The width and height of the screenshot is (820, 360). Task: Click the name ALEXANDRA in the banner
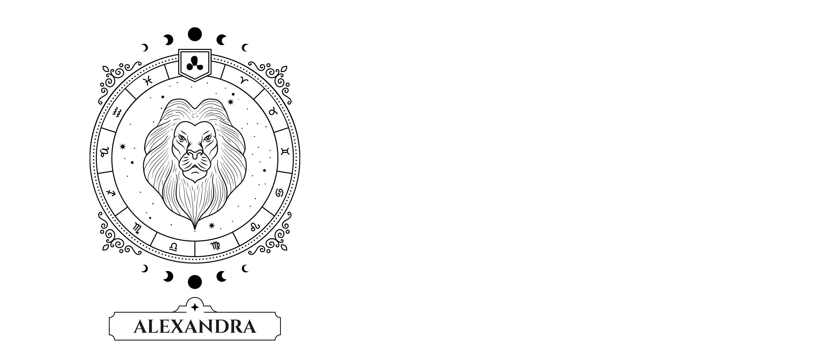tap(195, 327)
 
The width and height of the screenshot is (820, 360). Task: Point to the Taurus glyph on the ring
tap(273, 111)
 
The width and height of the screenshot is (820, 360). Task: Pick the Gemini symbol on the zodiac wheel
tap(285, 151)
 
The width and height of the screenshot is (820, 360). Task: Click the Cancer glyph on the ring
tap(280, 193)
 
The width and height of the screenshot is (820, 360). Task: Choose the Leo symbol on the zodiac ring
tap(255, 227)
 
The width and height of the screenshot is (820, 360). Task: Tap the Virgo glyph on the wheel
tap(215, 246)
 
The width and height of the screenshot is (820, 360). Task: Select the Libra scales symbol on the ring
tap(173, 247)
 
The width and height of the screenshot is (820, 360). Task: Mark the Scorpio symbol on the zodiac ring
tap(137, 228)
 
